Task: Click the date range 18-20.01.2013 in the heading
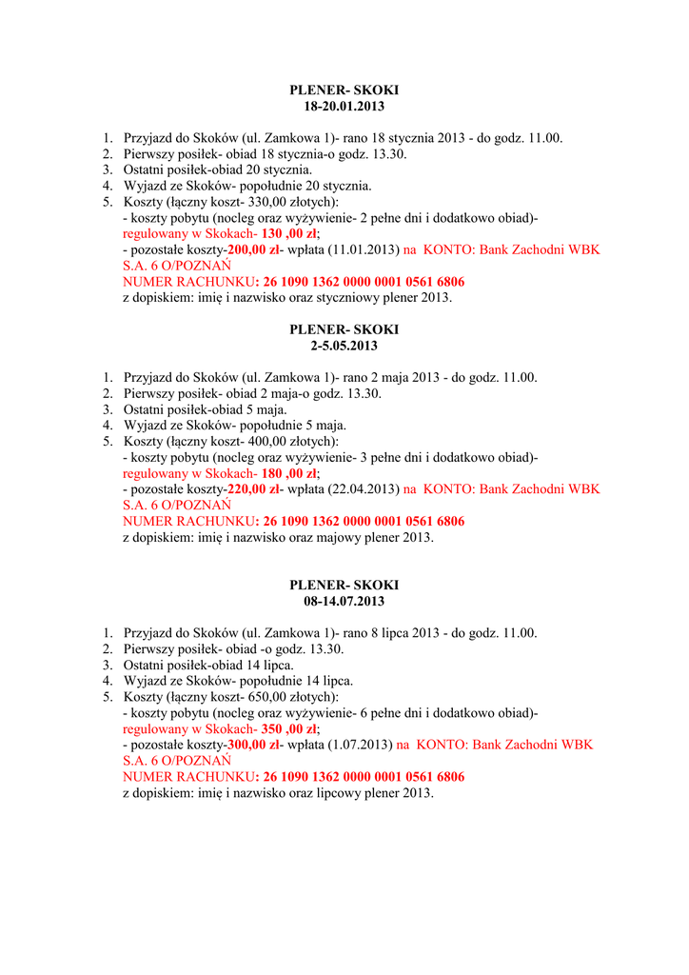point(344,106)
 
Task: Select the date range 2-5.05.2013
point(344,346)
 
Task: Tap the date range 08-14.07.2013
point(344,602)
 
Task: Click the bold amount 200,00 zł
point(253,250)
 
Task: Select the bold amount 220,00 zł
point(253,489)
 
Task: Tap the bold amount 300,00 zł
point(253,746)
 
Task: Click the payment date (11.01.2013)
point(363,250)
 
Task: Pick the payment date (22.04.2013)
point(363,489)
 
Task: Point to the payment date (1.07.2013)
point(359,746)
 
